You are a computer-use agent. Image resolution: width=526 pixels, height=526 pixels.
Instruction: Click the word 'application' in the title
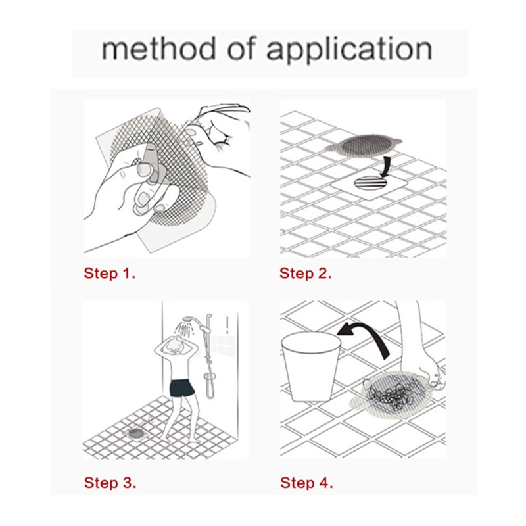(349, 51)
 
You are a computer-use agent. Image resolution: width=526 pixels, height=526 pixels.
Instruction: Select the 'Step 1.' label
(109, 273)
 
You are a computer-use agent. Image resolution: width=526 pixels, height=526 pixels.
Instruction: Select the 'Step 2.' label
(305, 273)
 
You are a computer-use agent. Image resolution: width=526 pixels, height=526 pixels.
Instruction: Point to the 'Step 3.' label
(110, 483)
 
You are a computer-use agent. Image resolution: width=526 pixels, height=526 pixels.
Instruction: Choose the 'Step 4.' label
(306, 483)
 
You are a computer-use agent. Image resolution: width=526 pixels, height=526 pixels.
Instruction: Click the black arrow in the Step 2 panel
(387, 166)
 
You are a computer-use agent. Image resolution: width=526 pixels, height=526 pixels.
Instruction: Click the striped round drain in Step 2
(370, 183)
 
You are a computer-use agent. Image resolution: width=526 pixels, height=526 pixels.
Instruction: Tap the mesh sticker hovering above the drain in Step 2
(364, 145)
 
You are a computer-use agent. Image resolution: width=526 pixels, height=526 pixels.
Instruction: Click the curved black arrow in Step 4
(368, 337)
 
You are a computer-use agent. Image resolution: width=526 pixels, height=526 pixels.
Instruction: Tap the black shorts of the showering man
(182, 388)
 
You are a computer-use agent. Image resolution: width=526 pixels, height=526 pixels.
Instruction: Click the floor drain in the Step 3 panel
(136, 433)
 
